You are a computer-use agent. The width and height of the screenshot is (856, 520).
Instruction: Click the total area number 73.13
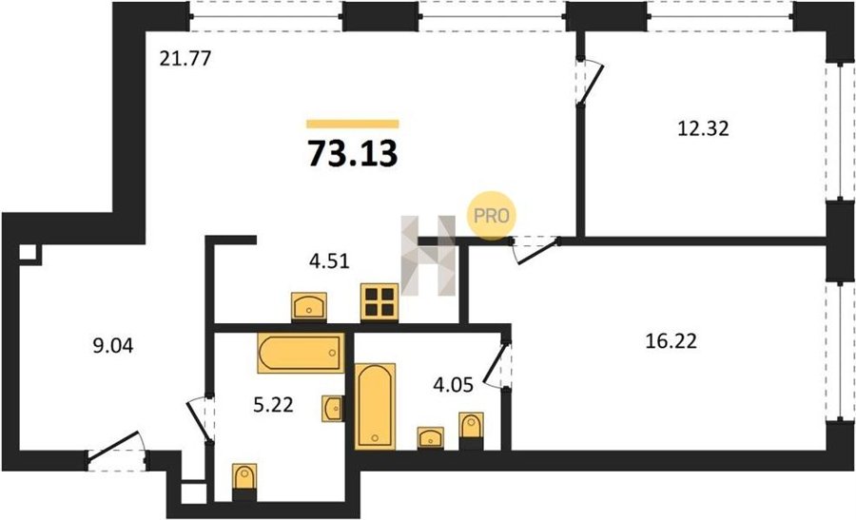pos(353,153)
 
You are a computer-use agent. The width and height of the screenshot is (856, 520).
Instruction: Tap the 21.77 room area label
pos(185,58)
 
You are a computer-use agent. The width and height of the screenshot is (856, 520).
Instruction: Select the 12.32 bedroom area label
pos(703,128)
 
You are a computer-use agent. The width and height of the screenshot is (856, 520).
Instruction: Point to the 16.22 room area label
pos(671,341)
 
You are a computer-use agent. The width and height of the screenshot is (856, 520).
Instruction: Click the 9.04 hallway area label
pos(113,345)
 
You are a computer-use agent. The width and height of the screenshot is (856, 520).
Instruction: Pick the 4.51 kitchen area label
pos(329,261)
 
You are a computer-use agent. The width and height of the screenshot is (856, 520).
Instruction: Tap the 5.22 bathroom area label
pos(274,404)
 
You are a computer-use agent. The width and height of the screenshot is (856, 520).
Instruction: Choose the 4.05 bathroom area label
pos(453,385)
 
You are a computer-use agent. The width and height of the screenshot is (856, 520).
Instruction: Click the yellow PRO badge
pos(492,216)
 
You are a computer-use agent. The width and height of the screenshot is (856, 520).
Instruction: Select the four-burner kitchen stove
pos(379,302)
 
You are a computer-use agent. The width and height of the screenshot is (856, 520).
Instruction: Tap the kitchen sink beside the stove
pos(309,307)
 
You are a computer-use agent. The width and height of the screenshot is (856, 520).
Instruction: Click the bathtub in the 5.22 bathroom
pos(301,353)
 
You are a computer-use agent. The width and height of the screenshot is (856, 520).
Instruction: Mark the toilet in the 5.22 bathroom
pos(244,480)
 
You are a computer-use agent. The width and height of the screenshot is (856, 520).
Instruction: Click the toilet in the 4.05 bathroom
pos(471,430)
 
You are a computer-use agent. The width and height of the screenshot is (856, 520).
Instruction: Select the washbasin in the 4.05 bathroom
pos(431,437)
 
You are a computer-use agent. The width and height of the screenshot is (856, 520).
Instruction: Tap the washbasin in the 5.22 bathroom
pos(333,408)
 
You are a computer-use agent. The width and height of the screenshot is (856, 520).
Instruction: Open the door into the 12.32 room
pos(590,82)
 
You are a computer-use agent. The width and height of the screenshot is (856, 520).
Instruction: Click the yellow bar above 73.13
pos(353,124)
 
